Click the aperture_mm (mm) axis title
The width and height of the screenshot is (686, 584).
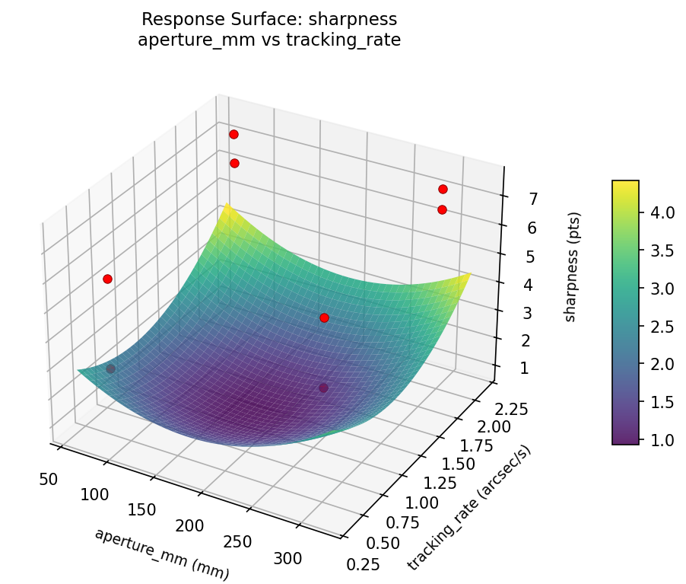(x=161, y=554)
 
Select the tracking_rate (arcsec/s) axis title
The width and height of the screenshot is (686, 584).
(x=470, y=508)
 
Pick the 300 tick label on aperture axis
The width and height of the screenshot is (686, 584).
(x=288, y=558)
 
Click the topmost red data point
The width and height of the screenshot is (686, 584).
(x=233, y=134)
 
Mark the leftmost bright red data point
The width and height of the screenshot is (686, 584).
(x=107, y=279)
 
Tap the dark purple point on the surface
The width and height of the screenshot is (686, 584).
(x=323, y=388)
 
